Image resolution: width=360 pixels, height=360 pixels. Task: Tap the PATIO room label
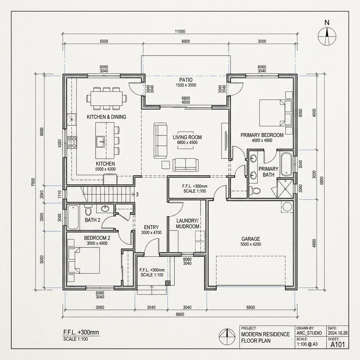coord(186,80)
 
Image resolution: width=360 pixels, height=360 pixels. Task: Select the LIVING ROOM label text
coord(187,137)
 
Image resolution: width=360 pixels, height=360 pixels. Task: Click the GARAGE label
coord(251,239)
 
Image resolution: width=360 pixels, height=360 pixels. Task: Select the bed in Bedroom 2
coord(84,261)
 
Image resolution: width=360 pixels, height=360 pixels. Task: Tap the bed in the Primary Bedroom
coord(276,112)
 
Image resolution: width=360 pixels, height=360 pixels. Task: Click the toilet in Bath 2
coord(88,211)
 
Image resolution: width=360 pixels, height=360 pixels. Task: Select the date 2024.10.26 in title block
coord(338,333)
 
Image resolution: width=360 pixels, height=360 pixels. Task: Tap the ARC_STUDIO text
coord(309,333)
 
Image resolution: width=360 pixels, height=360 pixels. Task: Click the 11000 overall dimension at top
coord(180,31)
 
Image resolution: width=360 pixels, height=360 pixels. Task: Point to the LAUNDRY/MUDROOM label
coord(187,223)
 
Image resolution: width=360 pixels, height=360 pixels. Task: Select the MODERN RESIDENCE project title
coord(265,334)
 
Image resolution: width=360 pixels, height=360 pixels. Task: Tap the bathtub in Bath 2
coord(74,217)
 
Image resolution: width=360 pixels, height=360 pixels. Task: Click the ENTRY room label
coord(151,227)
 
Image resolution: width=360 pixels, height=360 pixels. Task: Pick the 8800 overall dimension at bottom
coord(180,314)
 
